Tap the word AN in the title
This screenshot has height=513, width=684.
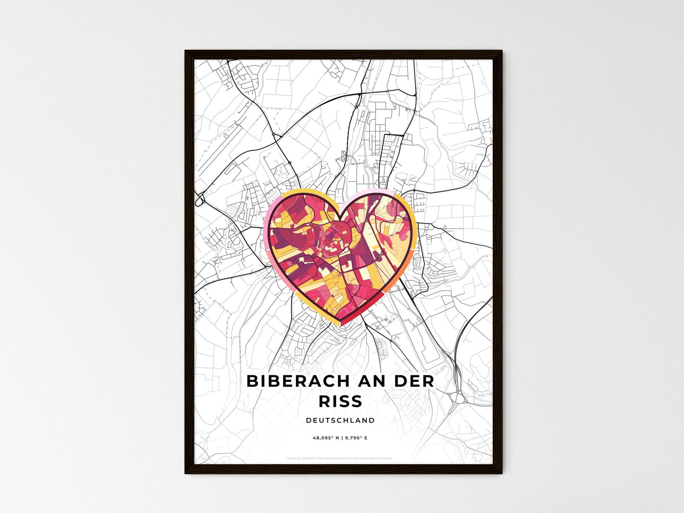pos(364,381)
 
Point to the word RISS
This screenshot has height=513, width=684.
pos(340,401)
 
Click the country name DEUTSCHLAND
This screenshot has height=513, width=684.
pos(340,420)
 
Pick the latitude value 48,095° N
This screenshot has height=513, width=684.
pos(325,438)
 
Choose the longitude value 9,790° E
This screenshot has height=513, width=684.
pos(356,438)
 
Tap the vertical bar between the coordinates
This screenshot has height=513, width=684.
pos(342,438)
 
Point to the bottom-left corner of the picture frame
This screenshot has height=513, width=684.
pos(186,472)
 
